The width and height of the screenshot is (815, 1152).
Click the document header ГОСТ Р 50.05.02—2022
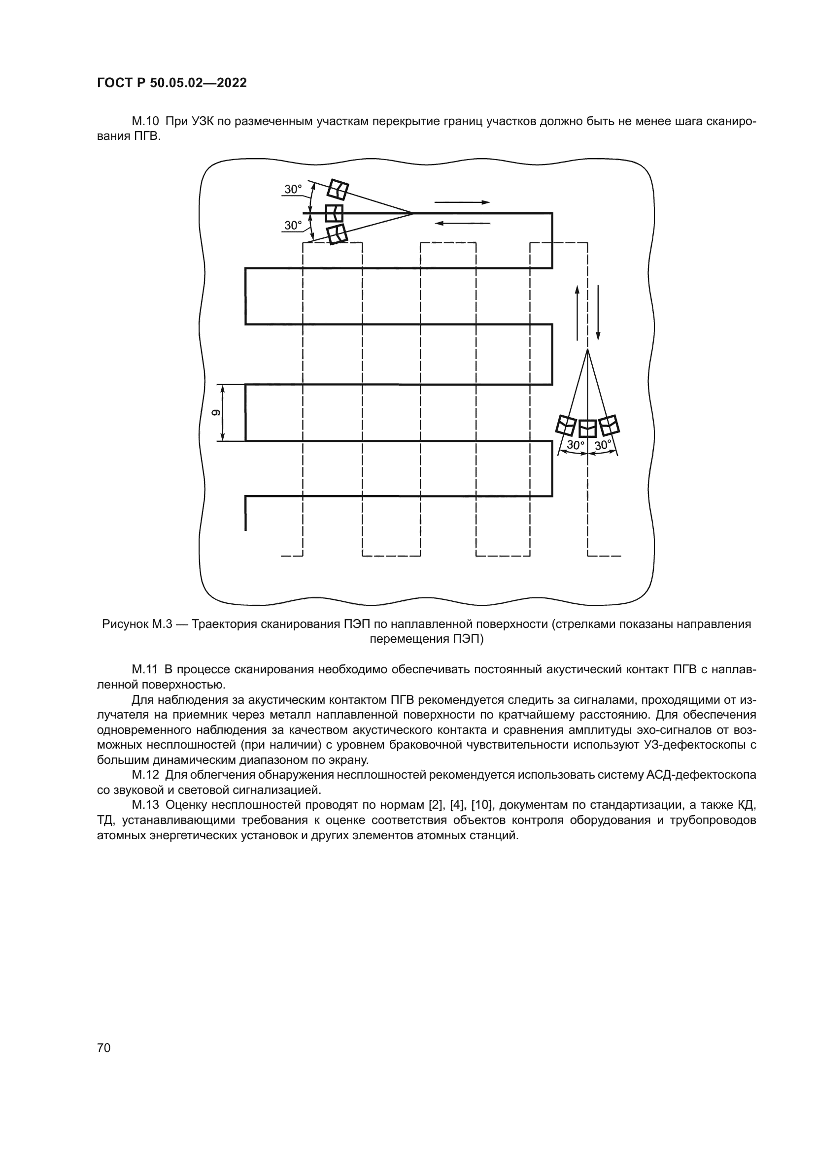(x=171, y=83)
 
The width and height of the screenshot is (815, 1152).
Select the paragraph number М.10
(x=145, y=122)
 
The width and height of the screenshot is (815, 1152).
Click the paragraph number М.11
(x=145, y=669)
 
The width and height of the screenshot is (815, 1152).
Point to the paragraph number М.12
(x=145, y=775)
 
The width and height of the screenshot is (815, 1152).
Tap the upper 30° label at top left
(x=293, y=190)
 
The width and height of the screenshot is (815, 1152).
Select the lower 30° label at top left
(x=293, y=226)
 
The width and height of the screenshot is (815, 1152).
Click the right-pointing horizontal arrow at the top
(x=462, y=202)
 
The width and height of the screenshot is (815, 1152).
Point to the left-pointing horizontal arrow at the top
(x=462, y=223)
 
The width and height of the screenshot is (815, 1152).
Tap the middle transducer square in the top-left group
(x=334, y=213)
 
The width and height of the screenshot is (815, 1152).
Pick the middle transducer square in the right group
(x=588, y=428)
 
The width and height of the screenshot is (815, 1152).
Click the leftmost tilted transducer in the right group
(x=567, y=426)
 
